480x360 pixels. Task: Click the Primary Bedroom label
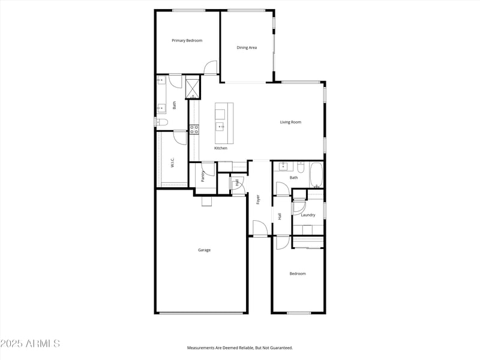(x=187, y=41)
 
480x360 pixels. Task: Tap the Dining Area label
(x=247, y=47)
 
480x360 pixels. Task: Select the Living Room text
(x=290, y=122)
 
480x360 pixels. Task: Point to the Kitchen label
(x=221, y=148)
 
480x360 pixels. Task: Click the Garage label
(x=204, y=250)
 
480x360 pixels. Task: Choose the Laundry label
(x=308, y=215)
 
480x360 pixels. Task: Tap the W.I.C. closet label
(x=172, y=162)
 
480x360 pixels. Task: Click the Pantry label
(x=203, y=176)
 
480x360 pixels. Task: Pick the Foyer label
(x=258, y=199)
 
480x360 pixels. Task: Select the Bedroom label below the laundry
(x=298, y=274)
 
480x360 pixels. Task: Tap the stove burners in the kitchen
(x=194, y=129)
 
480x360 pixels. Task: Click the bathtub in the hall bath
(x=317, y=176)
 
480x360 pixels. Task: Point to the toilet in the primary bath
(x=161, y=122)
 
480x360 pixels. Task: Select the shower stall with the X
(x=192, y=88)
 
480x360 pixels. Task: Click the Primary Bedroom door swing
(x=210, y=68)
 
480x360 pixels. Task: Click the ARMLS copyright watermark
(x=30, y=344)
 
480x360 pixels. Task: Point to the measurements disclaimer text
(x=240, y=348)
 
